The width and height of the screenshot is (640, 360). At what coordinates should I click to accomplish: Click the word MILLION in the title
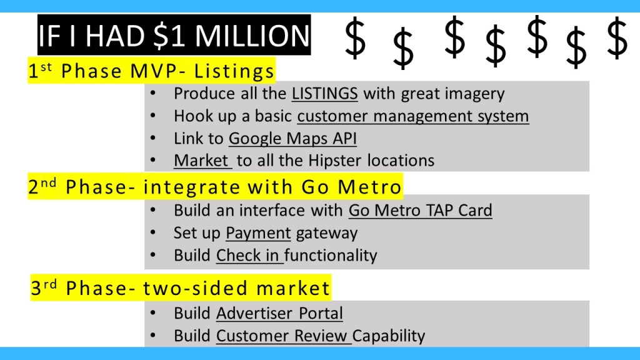(252, 36)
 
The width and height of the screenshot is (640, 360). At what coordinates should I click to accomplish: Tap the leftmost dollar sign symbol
(355, 38)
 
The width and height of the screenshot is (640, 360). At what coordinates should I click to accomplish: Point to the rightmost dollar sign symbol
(617, 38)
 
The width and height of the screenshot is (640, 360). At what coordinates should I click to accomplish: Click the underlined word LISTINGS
(324, 94)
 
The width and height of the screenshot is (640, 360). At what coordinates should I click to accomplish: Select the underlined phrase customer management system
(413, 116)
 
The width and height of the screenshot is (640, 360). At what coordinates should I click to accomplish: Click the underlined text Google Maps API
(292, 138)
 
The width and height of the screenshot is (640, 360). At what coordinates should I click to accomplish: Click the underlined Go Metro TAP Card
(421, 211)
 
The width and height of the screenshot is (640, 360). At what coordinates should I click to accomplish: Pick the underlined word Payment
(258, 233)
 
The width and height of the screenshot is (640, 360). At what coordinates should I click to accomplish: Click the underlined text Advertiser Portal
(279, 314)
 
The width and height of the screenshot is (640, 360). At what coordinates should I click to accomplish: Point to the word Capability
(389, 336)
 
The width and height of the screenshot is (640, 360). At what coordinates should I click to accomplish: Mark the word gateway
(326, 234)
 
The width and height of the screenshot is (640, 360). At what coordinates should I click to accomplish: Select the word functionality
(331, 256)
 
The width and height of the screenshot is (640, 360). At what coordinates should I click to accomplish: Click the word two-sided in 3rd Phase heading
(195, 288)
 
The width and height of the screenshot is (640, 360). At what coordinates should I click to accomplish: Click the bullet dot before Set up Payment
(153, 233)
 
